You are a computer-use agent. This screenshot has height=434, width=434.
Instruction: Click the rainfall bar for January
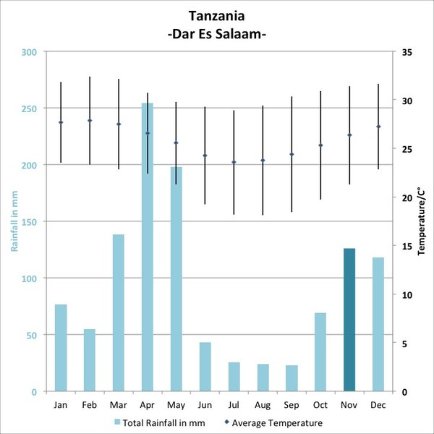point(61,348)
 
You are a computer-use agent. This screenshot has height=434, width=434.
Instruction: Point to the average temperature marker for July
point(234,162)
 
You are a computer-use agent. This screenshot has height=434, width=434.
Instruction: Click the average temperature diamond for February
point(90,121)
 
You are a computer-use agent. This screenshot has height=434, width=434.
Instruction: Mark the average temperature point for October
point(320,145)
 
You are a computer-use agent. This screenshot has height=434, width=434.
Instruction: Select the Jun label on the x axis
point(205,405)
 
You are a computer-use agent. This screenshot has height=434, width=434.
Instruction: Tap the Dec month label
point(378,405)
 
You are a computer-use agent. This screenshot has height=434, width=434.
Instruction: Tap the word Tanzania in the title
point(217,15)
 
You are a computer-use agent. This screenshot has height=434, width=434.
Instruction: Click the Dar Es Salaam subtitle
point(217,33)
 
